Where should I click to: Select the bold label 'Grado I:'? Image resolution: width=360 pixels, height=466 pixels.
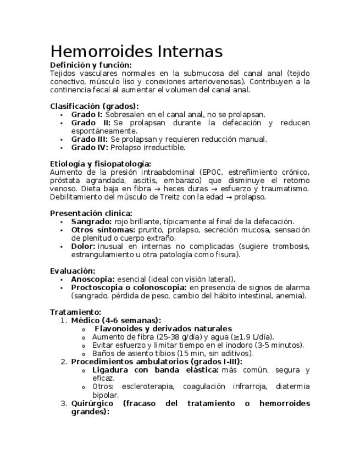point(86,114)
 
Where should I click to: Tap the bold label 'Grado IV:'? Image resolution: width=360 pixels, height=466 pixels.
point(89,147)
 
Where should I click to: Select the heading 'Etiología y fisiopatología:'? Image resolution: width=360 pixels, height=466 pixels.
point(100,164)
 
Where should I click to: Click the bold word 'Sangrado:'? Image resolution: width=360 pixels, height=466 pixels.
point(91,221)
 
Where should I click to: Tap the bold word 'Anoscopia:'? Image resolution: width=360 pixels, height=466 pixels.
point(93,279)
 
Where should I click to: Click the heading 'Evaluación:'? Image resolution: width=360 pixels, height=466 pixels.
point(72,271)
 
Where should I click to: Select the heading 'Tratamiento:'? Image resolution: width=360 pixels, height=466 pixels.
point(75,312)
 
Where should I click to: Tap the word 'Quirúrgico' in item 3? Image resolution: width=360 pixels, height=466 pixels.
point(92,403)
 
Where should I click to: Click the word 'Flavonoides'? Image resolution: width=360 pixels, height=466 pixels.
point(120,329)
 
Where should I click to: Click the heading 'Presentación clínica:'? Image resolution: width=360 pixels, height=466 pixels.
point(91,213)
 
